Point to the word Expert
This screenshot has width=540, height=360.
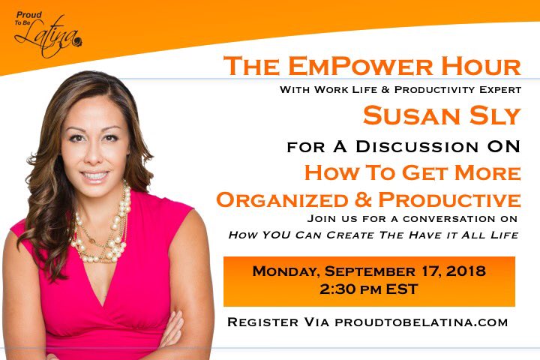click(x=499, y=90)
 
